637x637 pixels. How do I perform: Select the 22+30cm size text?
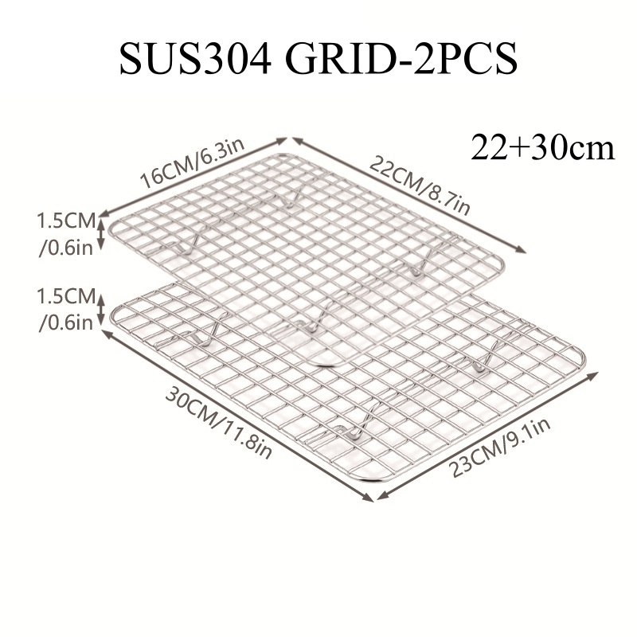tap(542, 148)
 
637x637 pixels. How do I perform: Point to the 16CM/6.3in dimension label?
tap(192, 163)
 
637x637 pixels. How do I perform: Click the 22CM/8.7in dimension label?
tap(420, 186)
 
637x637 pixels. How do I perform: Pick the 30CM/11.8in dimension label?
tap(218, 423)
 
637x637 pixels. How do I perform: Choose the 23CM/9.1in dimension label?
tap(499, 447)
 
